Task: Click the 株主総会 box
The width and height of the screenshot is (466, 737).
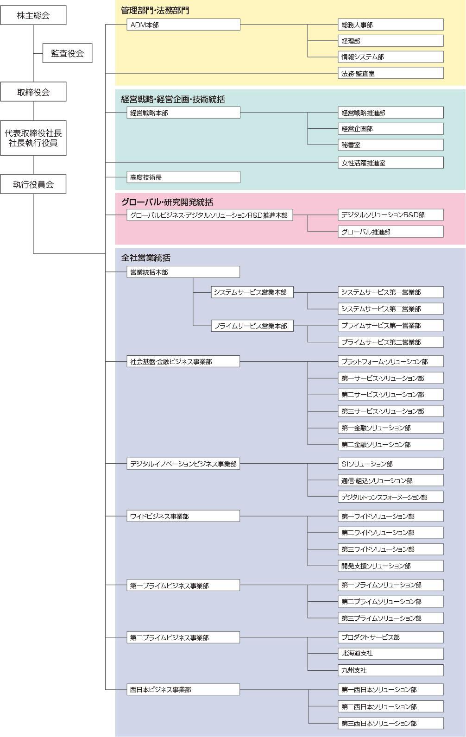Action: coord(33,15)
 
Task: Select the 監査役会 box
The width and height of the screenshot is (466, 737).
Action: coord(68,53)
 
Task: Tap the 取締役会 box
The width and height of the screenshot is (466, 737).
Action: coord(33,92)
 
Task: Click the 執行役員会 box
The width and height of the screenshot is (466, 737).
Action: coord(33,184)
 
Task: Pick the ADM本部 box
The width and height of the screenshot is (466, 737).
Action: coord(183,25)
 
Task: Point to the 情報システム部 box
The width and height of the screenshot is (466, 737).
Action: coord(390,57)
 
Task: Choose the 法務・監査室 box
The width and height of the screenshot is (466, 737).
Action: coord(390,73)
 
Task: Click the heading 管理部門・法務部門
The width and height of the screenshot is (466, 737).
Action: coord(155,11)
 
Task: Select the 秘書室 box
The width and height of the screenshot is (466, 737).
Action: coord(390,145)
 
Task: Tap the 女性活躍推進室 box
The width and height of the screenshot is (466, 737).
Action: coord(390,163)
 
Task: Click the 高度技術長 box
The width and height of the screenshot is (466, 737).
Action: coord(183,177)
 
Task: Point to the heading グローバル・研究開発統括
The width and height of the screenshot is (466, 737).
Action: coord(167,202)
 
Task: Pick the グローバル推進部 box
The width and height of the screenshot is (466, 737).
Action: coord(390,232)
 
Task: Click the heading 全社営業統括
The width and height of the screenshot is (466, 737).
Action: coord(146,258)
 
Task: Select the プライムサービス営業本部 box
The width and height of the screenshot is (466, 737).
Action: coord(252,326)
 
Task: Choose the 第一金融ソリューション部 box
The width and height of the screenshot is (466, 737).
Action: coord(390,428)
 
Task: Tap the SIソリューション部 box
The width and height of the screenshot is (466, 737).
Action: coord(390,464)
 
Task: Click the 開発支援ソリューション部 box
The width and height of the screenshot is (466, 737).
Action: coord(390,566)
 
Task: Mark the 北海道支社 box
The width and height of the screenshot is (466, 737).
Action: coord(390,654)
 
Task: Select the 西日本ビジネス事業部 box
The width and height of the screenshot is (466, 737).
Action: coord(183,689)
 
